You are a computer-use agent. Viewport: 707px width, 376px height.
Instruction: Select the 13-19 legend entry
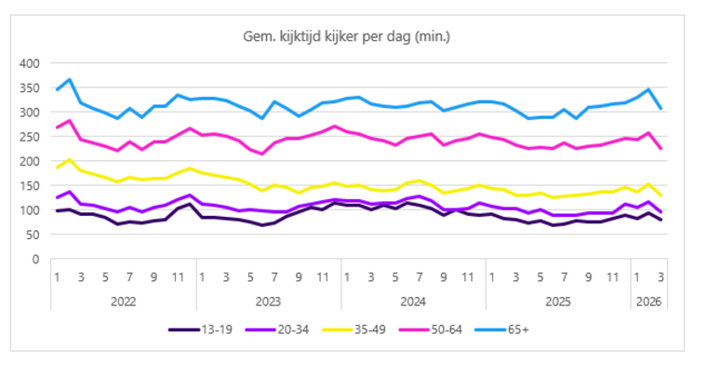204,329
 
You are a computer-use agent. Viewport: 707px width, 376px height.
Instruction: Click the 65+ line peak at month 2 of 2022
70,80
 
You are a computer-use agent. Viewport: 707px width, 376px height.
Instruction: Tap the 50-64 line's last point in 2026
660,149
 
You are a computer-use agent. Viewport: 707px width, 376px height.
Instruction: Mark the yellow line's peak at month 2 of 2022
70,160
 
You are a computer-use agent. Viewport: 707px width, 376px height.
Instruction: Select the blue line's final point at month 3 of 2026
660,109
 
